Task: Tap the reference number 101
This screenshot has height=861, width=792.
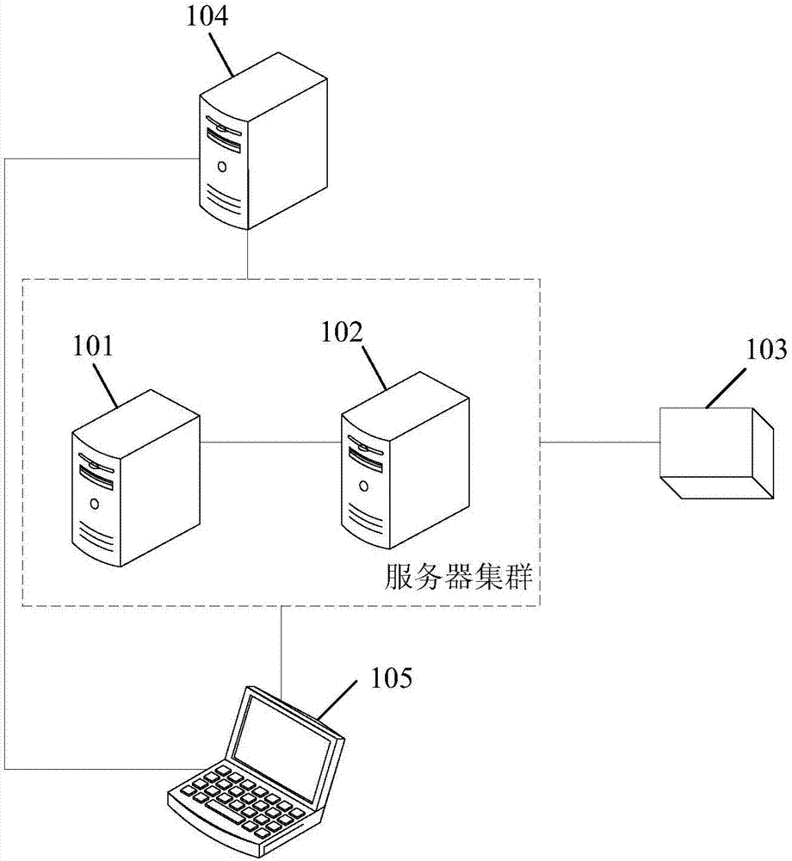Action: click(x=93, y=347)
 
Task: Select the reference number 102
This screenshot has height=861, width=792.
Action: click(x=343, y=331)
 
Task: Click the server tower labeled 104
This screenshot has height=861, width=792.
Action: click(x=262, y=146)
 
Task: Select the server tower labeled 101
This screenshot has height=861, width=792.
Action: click(x=136, y=478)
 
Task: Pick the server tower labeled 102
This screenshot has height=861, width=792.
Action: click(x=405, y=461)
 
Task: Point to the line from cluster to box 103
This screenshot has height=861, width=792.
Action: click(x=599, y=442)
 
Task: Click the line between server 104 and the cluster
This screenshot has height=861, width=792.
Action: click(x=248, y=255)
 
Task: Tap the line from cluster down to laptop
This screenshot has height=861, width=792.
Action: click(x=282, y=646)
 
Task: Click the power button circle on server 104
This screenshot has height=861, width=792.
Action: click(x=222, y=165)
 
